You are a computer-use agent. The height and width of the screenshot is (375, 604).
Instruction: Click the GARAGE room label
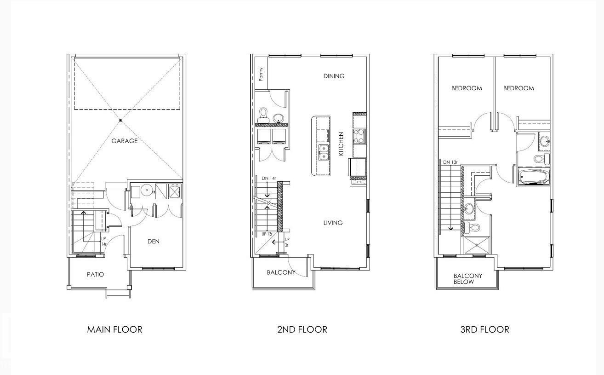point(124,141)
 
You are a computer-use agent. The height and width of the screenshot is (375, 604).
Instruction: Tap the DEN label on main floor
point(154,241)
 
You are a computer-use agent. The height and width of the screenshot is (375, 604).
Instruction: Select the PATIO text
point(96,274)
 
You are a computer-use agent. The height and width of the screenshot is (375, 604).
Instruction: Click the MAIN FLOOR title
point(114,329)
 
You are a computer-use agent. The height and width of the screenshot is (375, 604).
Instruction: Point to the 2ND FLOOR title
point(302,329)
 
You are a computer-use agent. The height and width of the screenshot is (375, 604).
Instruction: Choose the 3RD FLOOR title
point(484,329)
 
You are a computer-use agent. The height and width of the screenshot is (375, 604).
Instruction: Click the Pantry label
point(261,75)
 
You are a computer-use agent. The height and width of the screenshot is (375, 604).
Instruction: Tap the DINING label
point(334,76)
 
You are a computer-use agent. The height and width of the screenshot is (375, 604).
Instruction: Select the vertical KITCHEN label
point(341,144)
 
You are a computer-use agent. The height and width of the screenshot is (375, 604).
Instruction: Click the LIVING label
point(333,223)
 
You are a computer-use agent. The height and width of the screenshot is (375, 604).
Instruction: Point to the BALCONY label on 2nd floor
point(281,272)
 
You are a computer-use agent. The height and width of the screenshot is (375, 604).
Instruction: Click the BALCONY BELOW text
point(468,279)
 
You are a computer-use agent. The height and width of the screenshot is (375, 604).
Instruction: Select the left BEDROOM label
point(467,88)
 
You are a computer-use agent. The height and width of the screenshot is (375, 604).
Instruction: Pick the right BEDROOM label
point(519,88)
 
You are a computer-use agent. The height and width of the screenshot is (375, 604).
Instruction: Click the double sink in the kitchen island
point(324,152)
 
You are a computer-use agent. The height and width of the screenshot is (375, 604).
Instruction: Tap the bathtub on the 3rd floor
point(533,177)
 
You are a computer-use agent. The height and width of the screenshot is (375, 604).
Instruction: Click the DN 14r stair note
point(269,178)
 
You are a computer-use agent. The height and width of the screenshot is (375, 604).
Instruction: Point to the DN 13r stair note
point(450,162)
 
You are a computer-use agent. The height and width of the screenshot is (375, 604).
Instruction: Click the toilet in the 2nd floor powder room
point(263,114)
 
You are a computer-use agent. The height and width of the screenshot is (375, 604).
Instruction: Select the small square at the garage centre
point(121,121)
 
